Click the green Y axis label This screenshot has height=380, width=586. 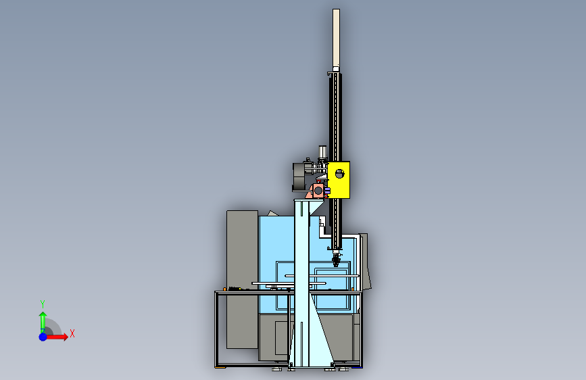tap(43, 304)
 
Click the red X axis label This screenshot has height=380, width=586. tap(72, 333)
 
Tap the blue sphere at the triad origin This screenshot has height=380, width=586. tap(43, 337)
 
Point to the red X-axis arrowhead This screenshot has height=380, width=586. tap(66, 337)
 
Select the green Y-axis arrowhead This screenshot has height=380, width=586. tap(43, 315)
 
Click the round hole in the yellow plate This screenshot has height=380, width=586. tap(339, 174)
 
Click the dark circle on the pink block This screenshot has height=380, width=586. tap(318, 191)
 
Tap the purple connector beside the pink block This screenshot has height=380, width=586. tap(327, 191)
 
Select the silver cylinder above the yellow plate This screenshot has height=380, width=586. tap(322, 152)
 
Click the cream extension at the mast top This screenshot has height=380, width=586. tap(336, 38)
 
